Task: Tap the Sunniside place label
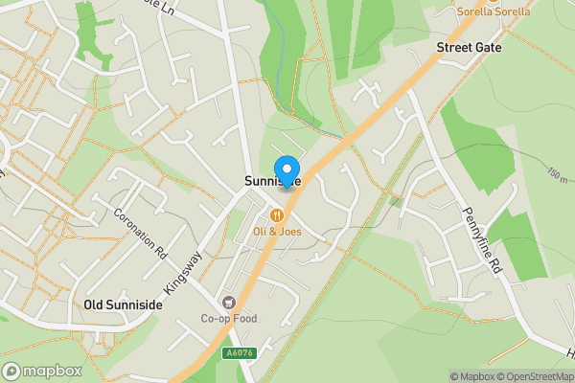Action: click(271, 181)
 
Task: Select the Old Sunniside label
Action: click(123, 304)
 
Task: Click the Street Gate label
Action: click(469, 46)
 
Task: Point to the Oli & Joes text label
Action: click(277, 231)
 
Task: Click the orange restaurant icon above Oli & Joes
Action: click(277, 214)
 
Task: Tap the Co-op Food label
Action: click(229, 318)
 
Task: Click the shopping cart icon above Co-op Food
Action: click(228, 302)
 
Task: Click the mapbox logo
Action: click(41, 371)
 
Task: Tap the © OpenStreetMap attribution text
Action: click(533, 376)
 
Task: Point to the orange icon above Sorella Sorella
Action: click(494, 2)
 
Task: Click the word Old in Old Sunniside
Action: click(94, 304)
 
